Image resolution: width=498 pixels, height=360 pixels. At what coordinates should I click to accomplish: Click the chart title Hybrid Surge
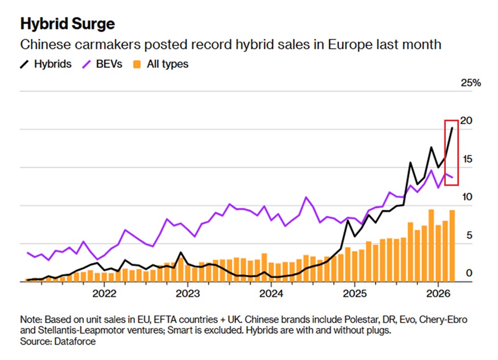pyautogui.click(x=67, y=24)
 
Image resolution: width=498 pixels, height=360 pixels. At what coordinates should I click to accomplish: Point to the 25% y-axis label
pyautogui.click(x=470, y=83)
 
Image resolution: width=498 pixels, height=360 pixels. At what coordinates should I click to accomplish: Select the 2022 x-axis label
pyautogui.click(x=104, y=294)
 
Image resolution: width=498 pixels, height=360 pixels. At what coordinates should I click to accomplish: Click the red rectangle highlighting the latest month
pyautogui.click(x=451, y=152)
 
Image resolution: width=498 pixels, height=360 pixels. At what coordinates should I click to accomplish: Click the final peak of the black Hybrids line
pyautogui.click(x=452, y=128)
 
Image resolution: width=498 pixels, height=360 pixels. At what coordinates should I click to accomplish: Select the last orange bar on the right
pyautogui.click(x=452, y=245)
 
